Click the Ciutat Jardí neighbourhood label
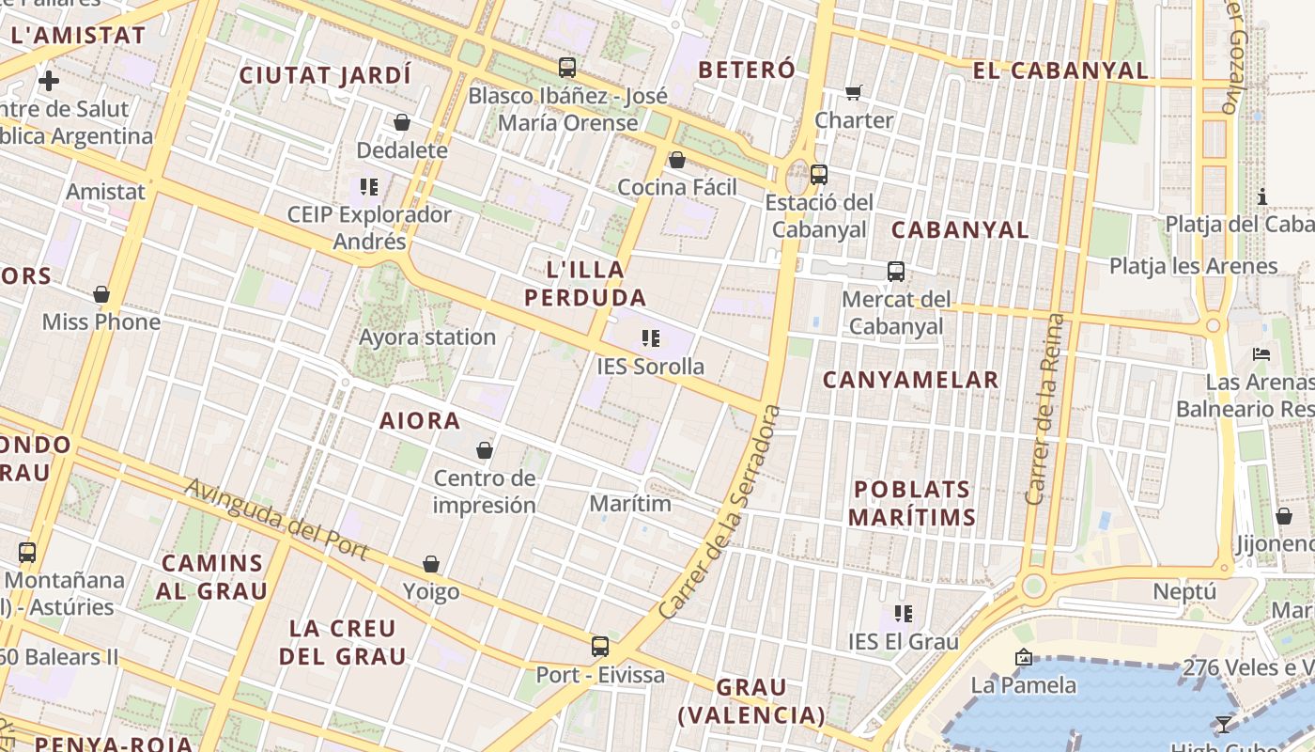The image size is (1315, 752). (x=325, y=75)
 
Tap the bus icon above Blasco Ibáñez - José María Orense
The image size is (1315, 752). (x=567, y=68)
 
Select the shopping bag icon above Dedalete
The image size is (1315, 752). (x=402, y=122)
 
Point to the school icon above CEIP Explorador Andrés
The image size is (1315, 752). (x=369, y=186)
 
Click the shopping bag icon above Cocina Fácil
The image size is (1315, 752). (x=676, y=160)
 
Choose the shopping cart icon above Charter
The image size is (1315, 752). (x=854, y=92)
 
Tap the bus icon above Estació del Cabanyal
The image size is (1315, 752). (x=819, y=174)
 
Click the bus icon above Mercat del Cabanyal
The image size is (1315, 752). (x=896, y=272)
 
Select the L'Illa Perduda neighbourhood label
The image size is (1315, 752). (x=585, y=284)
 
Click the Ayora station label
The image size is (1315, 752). (x=427, y=337)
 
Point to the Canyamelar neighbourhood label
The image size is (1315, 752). (x=910, y=380)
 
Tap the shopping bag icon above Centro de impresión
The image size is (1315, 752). (x=485, y=451)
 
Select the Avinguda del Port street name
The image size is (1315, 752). (x=276, y=519)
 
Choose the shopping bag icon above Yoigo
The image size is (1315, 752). (x=431, y=564)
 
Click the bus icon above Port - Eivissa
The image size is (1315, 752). (x=600, y=647)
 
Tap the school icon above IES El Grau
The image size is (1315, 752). (x=904, y=614)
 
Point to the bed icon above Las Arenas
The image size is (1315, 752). (x=1261, y=354)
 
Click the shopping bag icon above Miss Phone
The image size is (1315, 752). (x=101, y=294)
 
